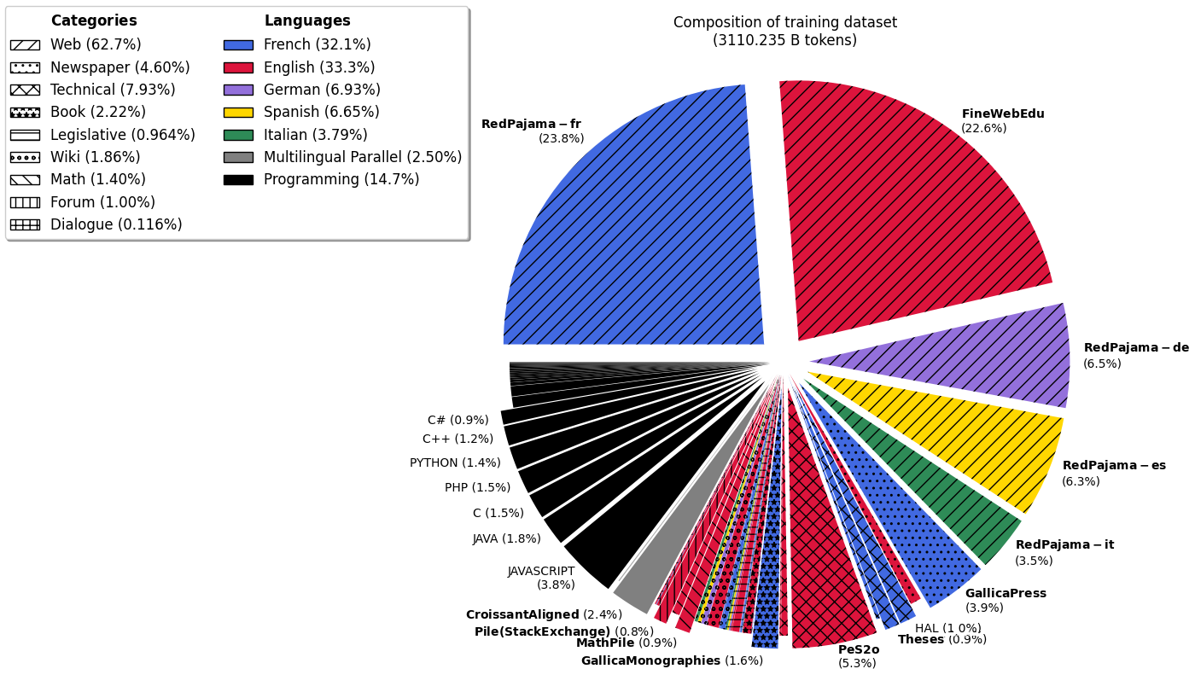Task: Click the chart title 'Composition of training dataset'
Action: coord(784,23)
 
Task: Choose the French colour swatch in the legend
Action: coord(238,45)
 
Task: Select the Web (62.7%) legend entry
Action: coord(96,45)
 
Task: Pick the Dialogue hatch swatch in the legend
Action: coord(25,225)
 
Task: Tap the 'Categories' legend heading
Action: coord(94,21)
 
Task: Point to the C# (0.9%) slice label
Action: coord(458,421)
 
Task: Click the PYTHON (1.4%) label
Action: coord(455,463)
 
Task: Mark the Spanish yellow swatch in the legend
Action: coord(238,113)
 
